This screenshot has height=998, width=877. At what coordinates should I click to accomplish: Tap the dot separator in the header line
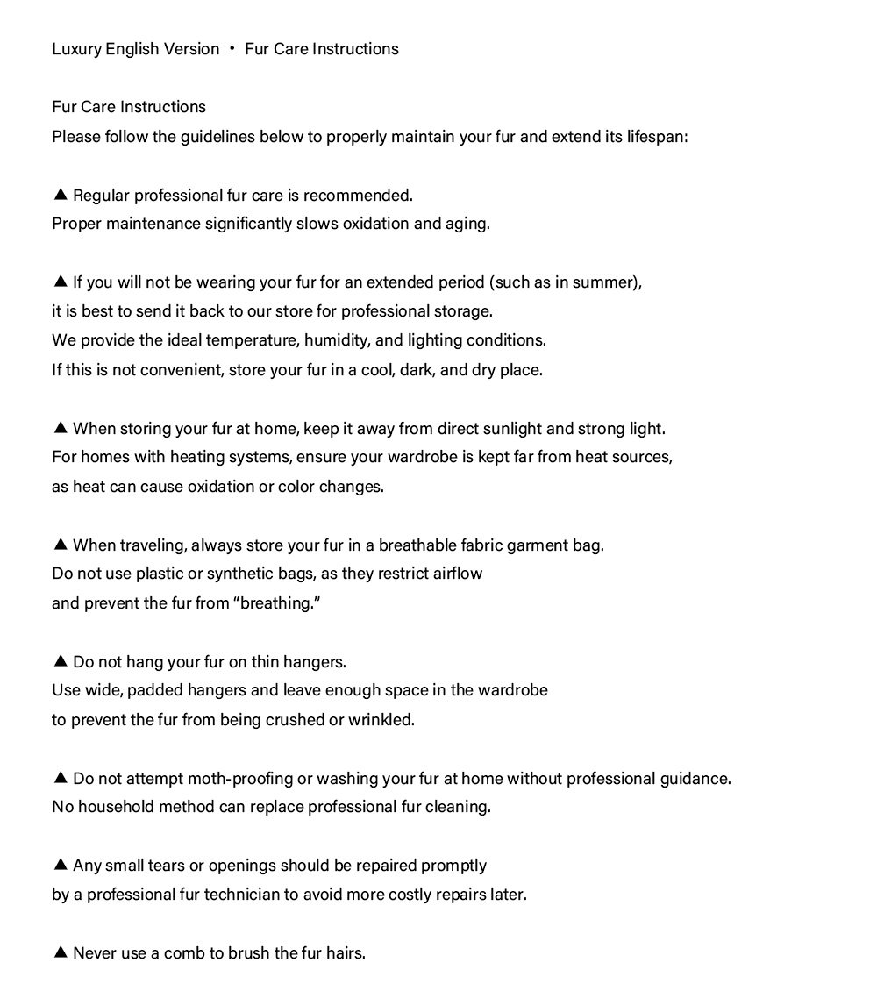pos(232,48)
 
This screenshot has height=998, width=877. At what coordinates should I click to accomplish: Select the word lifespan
pos(657,137)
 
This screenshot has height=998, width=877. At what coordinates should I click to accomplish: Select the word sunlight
pos(510,429)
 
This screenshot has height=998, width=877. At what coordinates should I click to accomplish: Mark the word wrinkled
pos(381,720)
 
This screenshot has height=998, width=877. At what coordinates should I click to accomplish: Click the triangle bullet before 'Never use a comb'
pos(61,952)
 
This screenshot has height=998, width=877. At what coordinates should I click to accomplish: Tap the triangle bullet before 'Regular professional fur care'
pos(61,194)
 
